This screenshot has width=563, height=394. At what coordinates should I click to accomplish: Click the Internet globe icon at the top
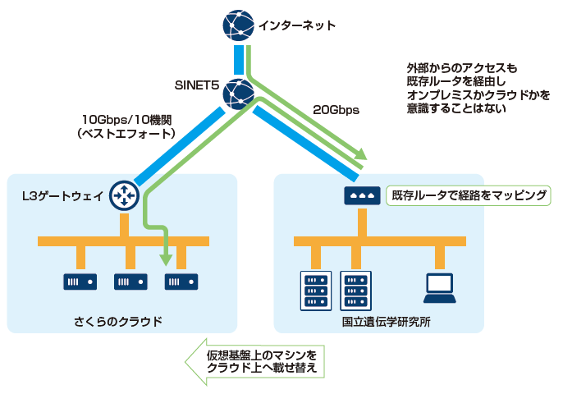238,26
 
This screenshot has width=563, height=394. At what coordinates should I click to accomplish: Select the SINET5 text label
198,85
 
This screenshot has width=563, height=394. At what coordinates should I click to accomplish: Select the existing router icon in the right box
361,195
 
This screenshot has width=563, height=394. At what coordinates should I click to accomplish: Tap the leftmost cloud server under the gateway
80,282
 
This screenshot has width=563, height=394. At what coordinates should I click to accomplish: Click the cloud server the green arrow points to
181,282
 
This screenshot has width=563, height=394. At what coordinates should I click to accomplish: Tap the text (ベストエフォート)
127,133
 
